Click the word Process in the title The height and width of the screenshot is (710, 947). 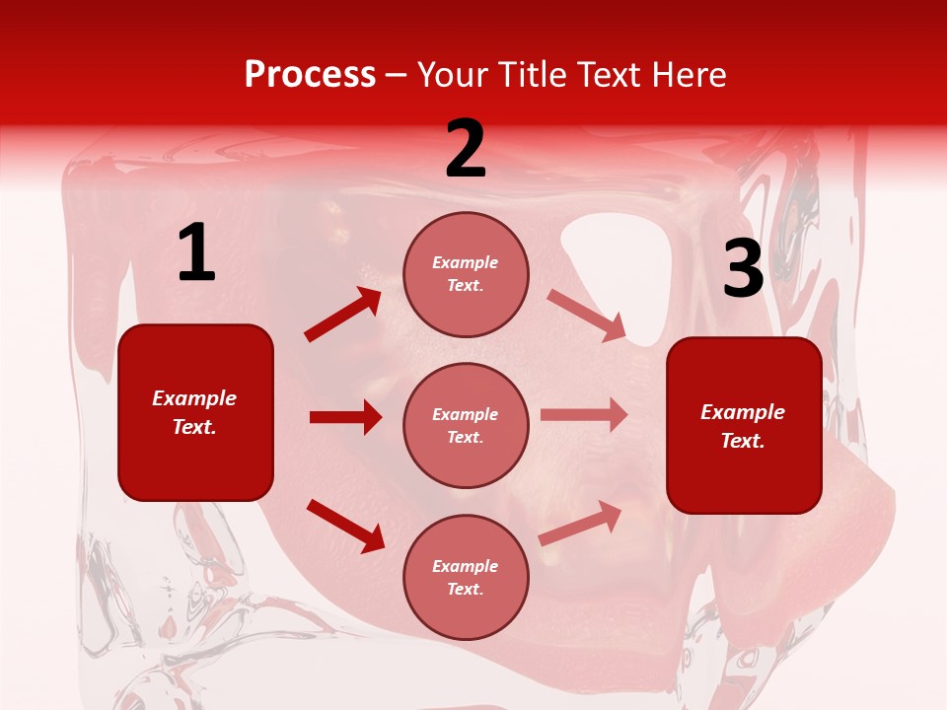(x=310, y=75)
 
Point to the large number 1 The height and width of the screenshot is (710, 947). (x=196, y=254)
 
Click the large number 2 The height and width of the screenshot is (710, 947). (x=466, y=149)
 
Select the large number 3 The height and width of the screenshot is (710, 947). (x=743, y=269)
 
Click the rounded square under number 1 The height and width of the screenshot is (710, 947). (x=195, y=412)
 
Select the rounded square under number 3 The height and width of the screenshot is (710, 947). (x=744, y=425)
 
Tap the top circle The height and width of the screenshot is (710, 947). (x=466, y=274)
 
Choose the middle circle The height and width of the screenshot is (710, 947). (x=466, y=425)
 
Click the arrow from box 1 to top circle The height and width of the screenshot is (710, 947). (x=343, y=315)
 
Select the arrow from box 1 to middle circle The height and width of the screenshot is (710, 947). (x=345, y=417)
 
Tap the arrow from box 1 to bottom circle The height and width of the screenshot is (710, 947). (x=345, y=525)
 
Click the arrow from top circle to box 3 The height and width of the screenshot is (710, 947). (x=587, y=315)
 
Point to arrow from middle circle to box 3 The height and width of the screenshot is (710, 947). (x=584, y=415)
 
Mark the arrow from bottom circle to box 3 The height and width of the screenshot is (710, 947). (x=581, y=523)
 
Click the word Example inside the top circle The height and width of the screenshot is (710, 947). (x=466, y=263)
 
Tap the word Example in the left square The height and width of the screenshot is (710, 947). (x=194, y=398)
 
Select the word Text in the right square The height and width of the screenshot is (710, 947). (x=742, y=441)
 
